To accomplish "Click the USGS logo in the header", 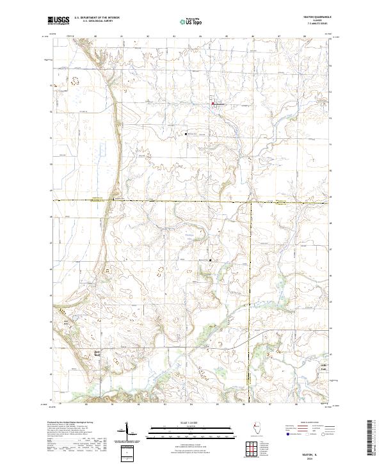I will coord(58,20).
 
